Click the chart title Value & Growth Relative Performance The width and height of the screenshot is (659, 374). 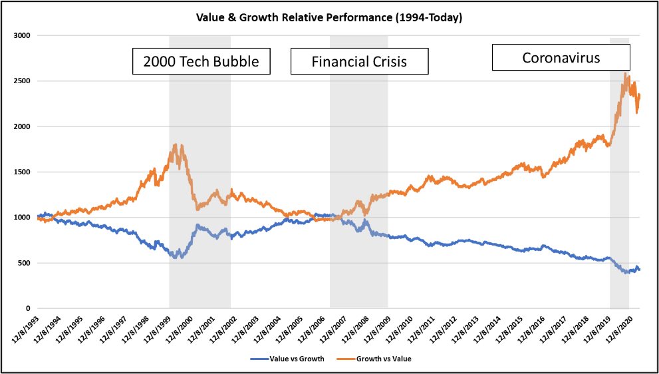[x=329, y=17]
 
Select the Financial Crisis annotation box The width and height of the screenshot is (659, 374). [x=359, y=62]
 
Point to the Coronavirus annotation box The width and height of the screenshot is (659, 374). [x=561, y=57]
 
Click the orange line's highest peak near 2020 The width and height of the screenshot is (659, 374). [x=626, y=74]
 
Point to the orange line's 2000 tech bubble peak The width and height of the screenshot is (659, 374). [x=175, y=144]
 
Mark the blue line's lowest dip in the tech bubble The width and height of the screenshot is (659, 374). [x=176, y=257]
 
